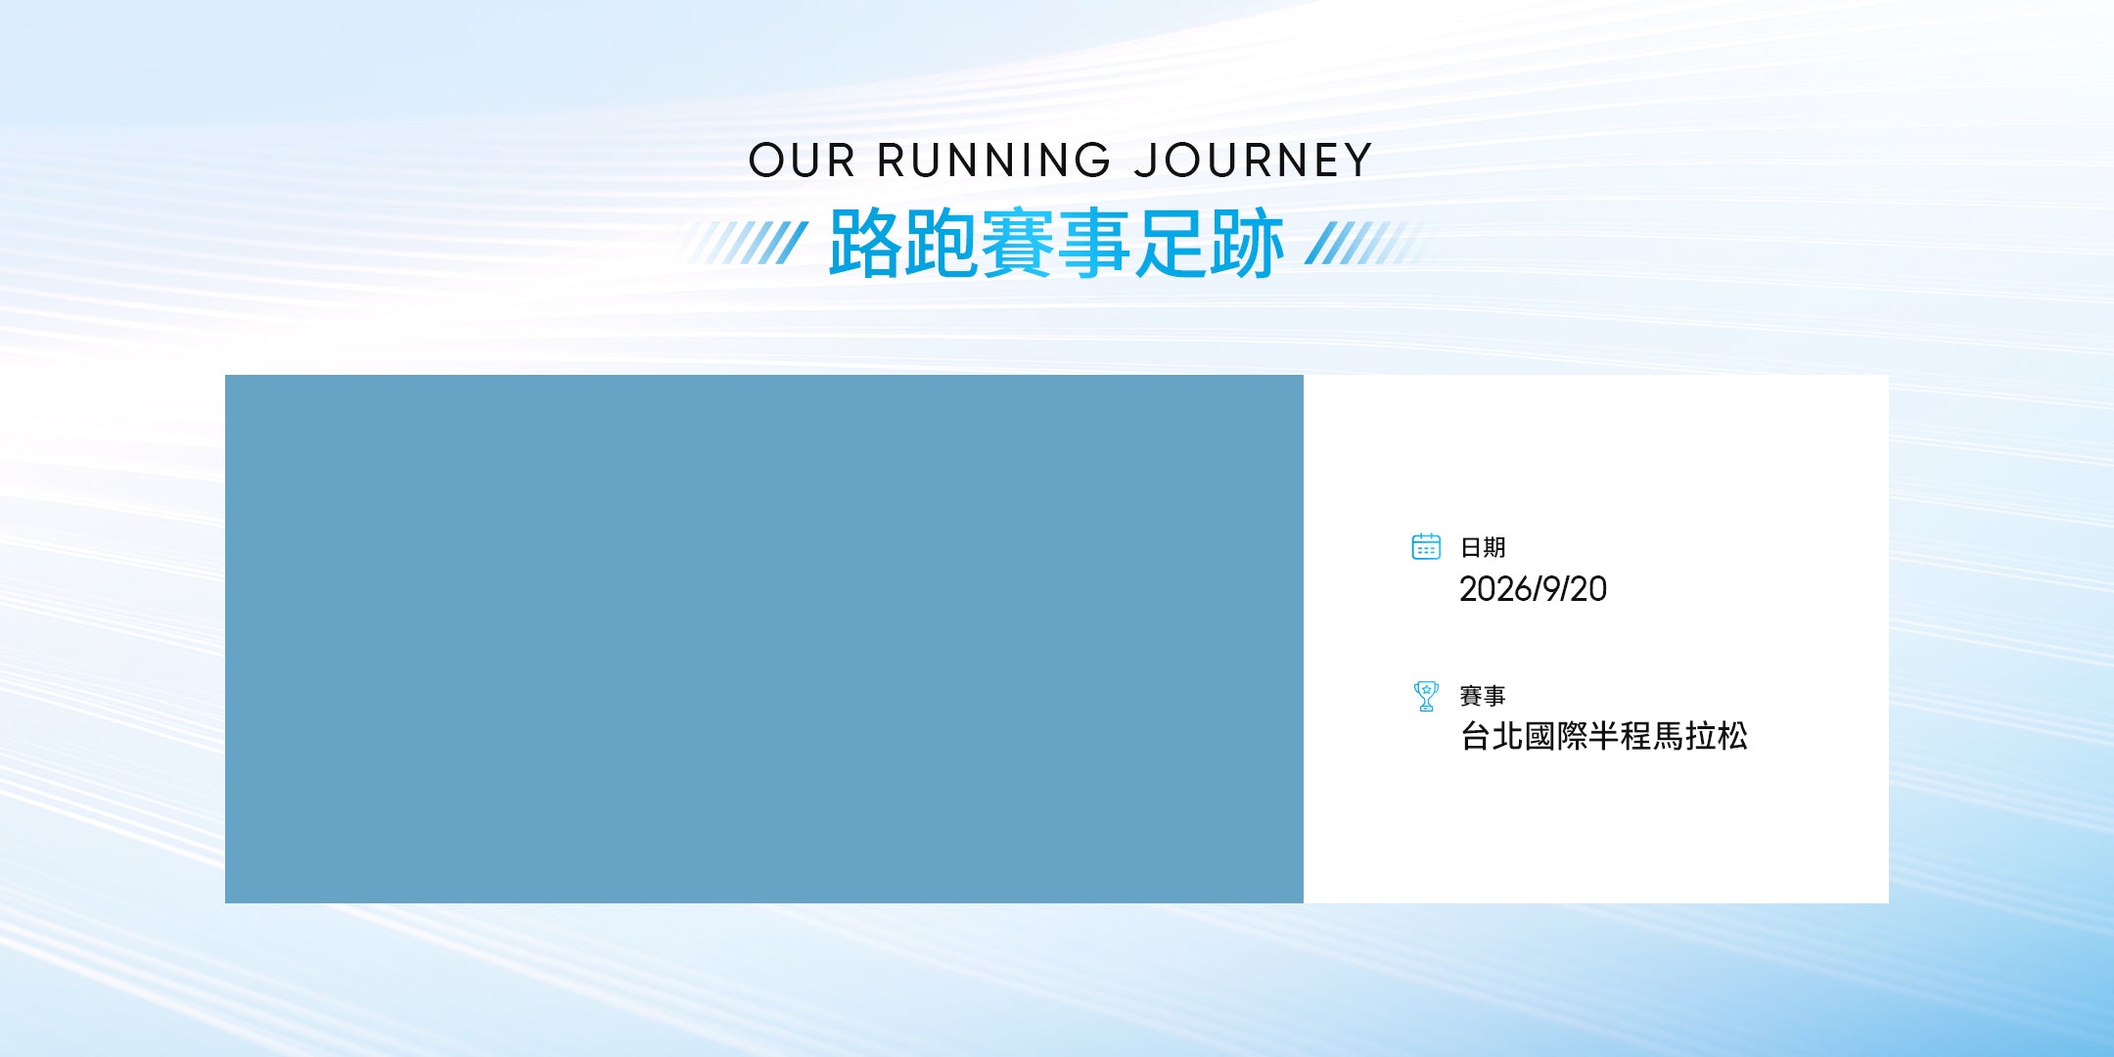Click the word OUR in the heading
802,161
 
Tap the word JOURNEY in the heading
1254,161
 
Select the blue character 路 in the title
865,243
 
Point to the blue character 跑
942,243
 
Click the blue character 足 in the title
1171,243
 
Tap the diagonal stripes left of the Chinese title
744,243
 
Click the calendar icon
1426,546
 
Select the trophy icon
1426,696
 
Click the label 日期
1483,547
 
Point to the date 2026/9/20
1533,589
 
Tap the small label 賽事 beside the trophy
1483,696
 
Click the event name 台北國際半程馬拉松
1604,736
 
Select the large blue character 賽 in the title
1018,243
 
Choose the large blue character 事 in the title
1094,243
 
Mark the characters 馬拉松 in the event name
1700,736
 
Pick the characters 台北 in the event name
1492,736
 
